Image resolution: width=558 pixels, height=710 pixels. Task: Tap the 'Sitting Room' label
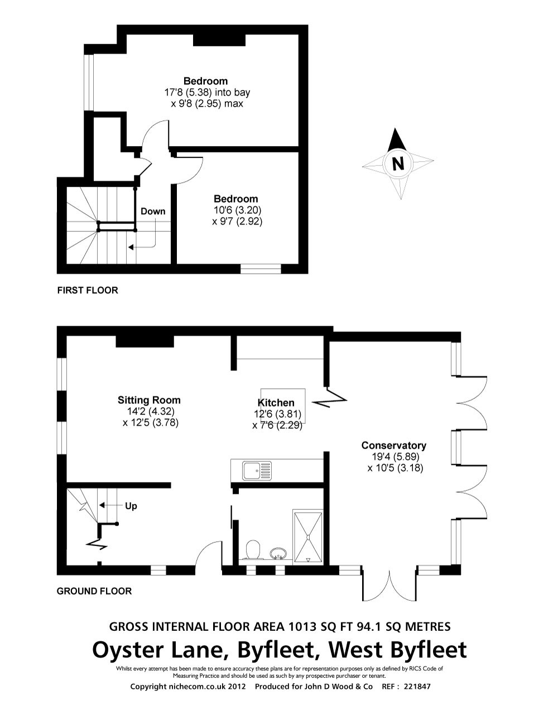pos(149,400)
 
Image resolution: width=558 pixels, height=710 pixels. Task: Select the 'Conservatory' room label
pos(394,445)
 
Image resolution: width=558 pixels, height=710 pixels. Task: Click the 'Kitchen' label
pos(276,403)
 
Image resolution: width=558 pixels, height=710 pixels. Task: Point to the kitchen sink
pos(257,470)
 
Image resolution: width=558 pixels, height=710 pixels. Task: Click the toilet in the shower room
pos(253,550)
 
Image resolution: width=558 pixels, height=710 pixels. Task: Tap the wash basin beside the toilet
pos(278,553)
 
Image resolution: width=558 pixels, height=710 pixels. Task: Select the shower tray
pos(308,537)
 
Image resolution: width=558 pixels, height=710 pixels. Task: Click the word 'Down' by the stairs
pos(153,211)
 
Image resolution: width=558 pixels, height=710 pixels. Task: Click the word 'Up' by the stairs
pos(131,506)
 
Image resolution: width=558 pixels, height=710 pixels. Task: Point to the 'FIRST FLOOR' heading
pos(88,290)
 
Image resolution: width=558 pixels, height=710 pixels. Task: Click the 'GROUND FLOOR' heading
pos(94,591)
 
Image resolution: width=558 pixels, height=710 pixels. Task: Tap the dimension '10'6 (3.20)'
pos(237,210)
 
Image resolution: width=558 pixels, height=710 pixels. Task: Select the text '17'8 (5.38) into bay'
pos(207,93)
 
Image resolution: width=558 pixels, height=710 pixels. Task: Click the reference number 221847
pos(417,687)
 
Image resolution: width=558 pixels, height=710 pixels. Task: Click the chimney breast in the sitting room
pos(145,341)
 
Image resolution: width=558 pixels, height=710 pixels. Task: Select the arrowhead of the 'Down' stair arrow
pos(131,247)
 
